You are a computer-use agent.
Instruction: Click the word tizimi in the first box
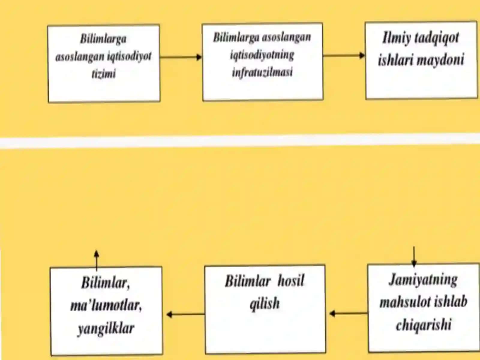[x=104, y=74]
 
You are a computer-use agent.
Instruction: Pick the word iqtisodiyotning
[x=262, y=55]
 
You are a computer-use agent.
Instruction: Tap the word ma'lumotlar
[x=106, y=305]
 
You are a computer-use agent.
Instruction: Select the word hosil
[x=291, y=281]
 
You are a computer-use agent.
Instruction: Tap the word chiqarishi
[x=424, y=324]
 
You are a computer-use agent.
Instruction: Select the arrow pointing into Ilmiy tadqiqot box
[x=344, y=55]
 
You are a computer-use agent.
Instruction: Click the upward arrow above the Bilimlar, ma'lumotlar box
[x=96, y=260]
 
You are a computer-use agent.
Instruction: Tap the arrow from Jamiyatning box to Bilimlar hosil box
[x=349, y=314]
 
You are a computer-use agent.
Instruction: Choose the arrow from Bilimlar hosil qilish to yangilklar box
[x=186, y=314]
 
